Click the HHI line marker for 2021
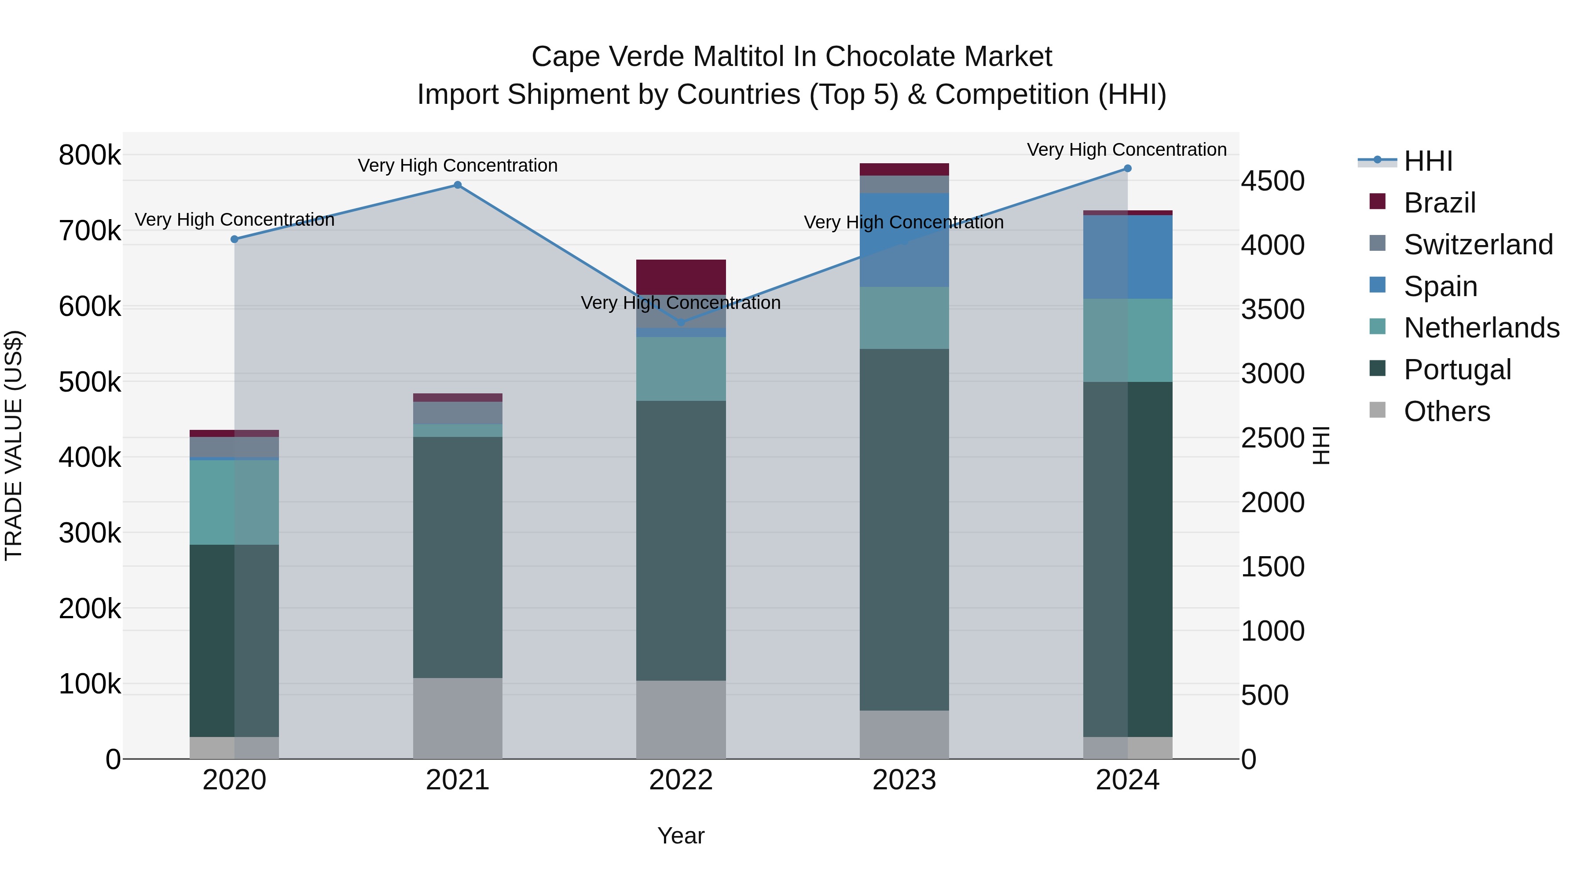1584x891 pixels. (x=458, y=185)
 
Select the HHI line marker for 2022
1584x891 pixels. (x=681, y=322)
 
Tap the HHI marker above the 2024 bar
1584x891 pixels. (x=1127, y=169)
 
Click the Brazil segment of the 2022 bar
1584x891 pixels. (x=681, y=277)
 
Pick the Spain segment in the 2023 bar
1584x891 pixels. (x=904, y=240)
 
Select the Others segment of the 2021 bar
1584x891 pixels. (x=458, y=718)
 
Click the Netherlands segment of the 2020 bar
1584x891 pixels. (x=234, y=502)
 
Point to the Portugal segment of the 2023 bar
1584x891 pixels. (x=904, y=529)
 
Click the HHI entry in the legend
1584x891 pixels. (x=1428, y=161)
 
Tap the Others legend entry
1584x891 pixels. (x=1446, y=411)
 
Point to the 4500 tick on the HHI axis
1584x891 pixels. (x=1272, y=181)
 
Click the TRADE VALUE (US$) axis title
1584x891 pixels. (x=14, y=445)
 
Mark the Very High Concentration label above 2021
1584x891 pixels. (x=458, y=165)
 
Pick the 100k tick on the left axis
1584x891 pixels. (x=90, y=684)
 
